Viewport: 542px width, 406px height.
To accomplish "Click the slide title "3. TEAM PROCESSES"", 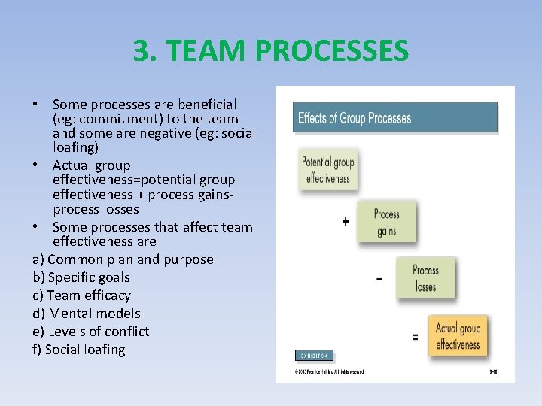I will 271,51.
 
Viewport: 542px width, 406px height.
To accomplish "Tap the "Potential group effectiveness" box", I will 327,171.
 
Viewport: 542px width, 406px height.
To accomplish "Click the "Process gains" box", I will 386,222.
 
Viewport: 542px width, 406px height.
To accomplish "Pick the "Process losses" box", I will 425,278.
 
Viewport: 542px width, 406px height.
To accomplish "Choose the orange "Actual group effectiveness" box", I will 458,337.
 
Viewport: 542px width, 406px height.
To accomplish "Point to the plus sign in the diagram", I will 346,222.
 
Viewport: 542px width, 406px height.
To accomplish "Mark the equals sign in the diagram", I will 415,338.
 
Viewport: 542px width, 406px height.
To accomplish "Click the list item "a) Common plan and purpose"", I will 123,259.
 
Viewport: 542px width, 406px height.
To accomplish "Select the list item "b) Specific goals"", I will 81,277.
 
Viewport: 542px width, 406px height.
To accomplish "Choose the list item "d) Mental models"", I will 87,314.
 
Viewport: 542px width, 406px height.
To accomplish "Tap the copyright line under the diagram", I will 329,371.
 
